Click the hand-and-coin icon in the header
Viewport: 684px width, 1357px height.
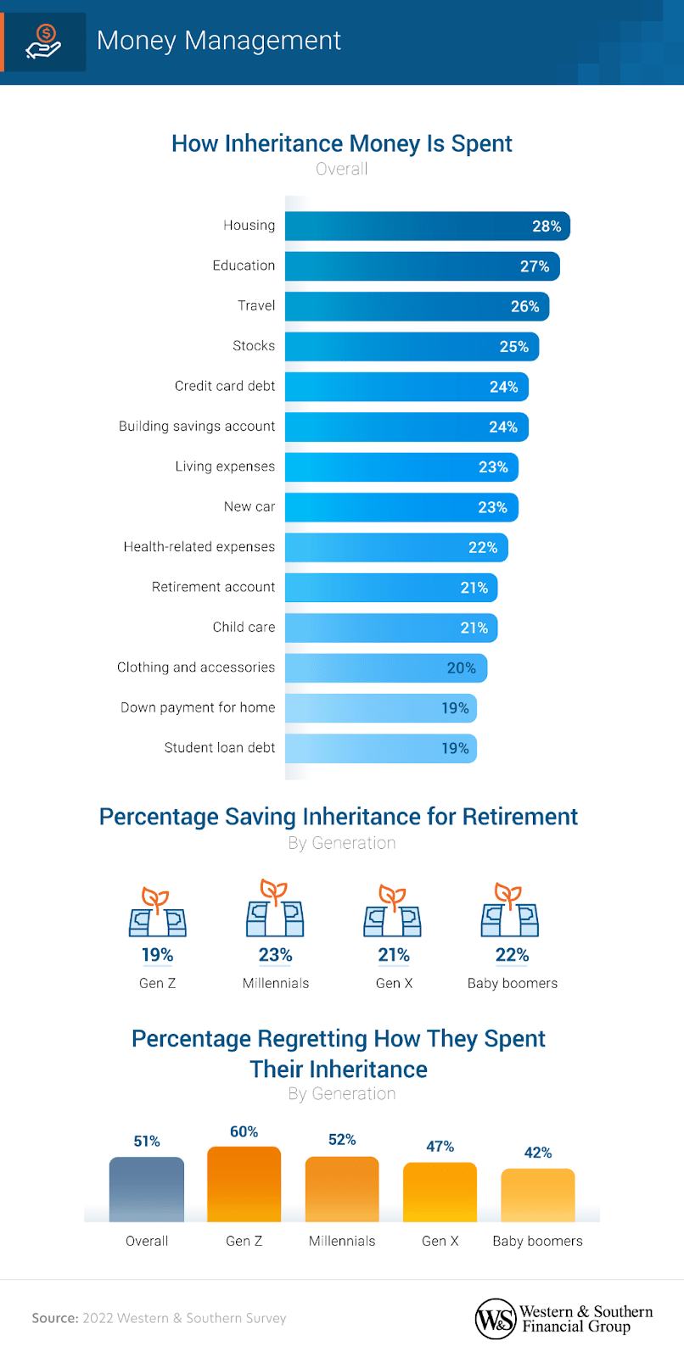(x=43, y=42)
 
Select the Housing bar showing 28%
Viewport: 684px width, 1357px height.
(x=427, y=226)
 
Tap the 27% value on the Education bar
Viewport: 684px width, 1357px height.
(x=535, y=266)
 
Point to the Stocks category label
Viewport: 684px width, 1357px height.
(x=254, y=346)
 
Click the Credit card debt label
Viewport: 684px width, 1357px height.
(x=225, y=386)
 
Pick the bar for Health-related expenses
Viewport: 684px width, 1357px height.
(x=396, y=548)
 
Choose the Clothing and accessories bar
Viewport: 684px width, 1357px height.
(x=385, y=668)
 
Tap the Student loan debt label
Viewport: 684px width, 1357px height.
(x=220, y=748)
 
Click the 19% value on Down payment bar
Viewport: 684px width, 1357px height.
(x=455, y=708)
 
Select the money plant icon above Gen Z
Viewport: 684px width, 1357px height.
(x=157, y=913)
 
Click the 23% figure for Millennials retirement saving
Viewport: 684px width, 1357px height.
(x=275, y=955)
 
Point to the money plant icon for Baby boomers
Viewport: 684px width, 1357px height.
(x=510, y=910)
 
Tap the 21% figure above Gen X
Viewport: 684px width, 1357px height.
(x=394, y=955)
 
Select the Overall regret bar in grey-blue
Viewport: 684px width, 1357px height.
(x=147, y=1189)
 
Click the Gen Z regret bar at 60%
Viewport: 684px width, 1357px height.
(x=244, y=1184)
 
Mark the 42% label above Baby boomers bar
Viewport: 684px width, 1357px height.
(x=538, y=1153)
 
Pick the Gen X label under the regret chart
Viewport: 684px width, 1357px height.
(x=440, y=1241)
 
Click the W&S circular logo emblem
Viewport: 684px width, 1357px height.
(x=495, y=1319)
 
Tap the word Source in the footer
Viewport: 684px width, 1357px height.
(x=54, y=1318)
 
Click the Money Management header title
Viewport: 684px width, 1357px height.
(x=219, y=41)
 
